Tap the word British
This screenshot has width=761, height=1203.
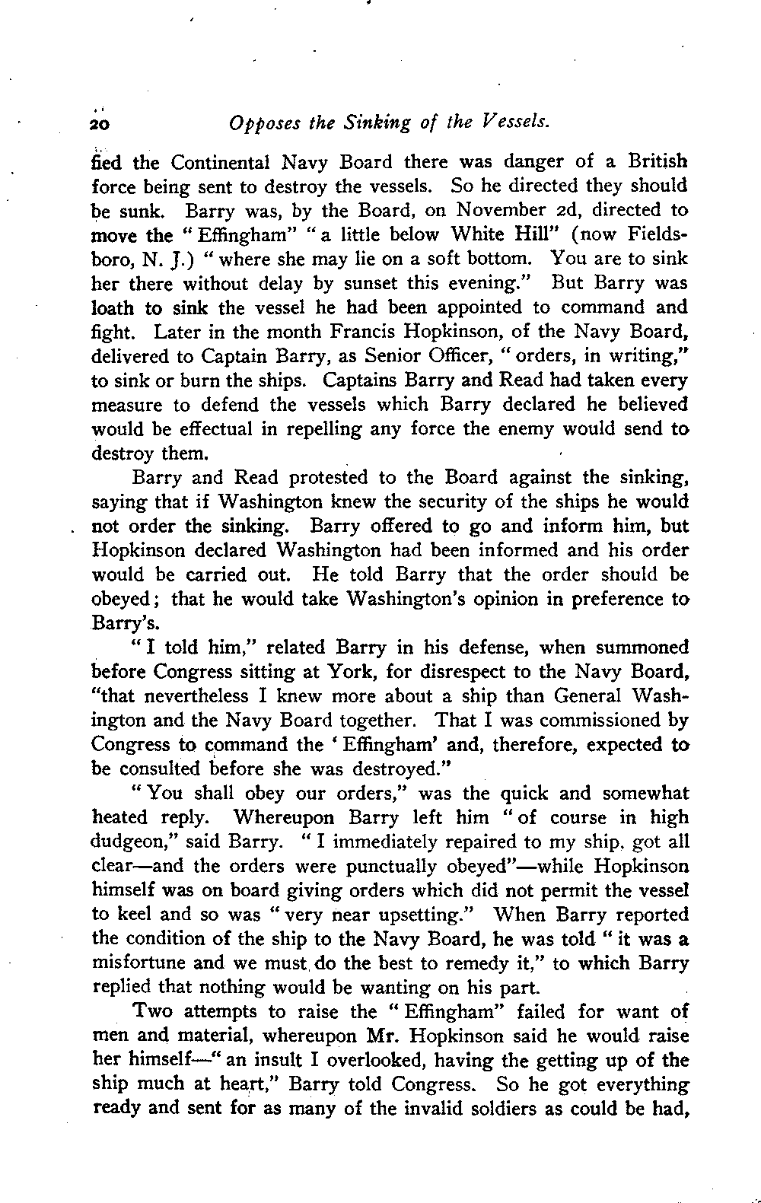(658, 161)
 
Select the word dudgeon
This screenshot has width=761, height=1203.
(126, 843)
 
